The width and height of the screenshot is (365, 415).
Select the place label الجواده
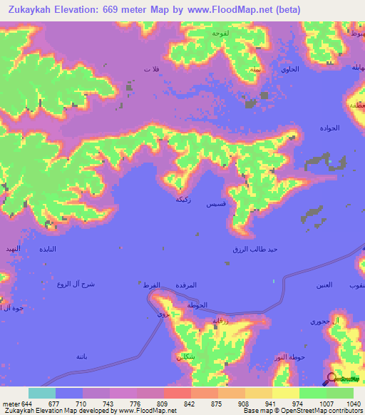[x=329, y=128]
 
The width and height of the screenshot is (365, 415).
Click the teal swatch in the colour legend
[x=41, y=393]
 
